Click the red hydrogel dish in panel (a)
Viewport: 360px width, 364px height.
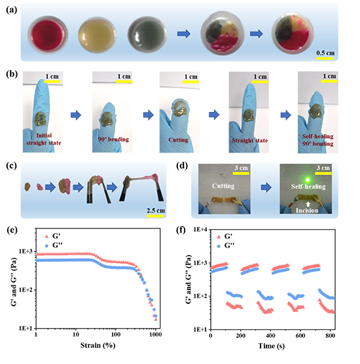tap(48, 35)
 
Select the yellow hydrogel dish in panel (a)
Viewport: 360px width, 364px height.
tap(97, 35)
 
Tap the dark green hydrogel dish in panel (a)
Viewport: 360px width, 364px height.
tap(147, 35)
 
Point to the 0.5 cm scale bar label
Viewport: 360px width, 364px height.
tap(325, 53)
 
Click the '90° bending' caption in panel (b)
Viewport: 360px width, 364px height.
tap(113, 139)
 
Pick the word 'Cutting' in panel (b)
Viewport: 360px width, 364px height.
tap(178, 139)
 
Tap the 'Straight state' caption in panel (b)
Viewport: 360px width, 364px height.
tap(250, 141)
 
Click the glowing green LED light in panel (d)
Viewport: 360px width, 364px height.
tap(308, 179)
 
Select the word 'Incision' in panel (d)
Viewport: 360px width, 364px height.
tap(307, 210)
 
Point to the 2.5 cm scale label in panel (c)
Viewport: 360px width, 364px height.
tap(156, 211)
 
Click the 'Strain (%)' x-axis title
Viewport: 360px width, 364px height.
tap(98, 346)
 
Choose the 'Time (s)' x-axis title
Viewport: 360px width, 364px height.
tap(272, 346)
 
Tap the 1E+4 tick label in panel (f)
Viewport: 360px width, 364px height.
tap(200, 230)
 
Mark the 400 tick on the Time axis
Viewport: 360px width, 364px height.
tap(270, 336)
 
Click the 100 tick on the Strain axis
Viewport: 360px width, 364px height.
tap(116, 335)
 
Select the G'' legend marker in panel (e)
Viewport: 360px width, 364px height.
tap(46, 246)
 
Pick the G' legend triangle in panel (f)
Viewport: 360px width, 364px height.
tap(219, 237)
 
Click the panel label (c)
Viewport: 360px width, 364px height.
tap(11, 166)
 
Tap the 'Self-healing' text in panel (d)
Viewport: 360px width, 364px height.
tap(308, 187)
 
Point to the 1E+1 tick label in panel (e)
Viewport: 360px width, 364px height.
tap(26, 328)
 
